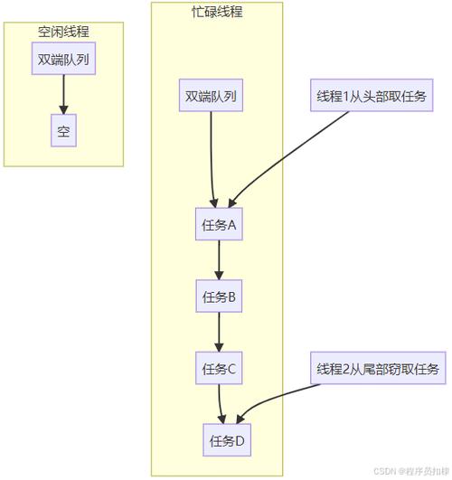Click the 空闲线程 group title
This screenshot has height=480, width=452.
[x=63, y=31]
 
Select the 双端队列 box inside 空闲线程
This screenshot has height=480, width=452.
[x=63, y=61]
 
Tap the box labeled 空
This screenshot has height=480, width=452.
[x=63, y=133]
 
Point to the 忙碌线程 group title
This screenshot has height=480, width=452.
[x=217, y=12]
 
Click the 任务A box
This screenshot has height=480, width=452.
[x=219, y=225]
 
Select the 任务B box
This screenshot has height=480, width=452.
[x=219, y=296]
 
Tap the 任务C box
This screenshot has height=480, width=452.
[x=219, y=368]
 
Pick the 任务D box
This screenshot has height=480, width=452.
[x=227, y=440]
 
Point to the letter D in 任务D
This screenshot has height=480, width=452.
[x=240, y=441]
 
